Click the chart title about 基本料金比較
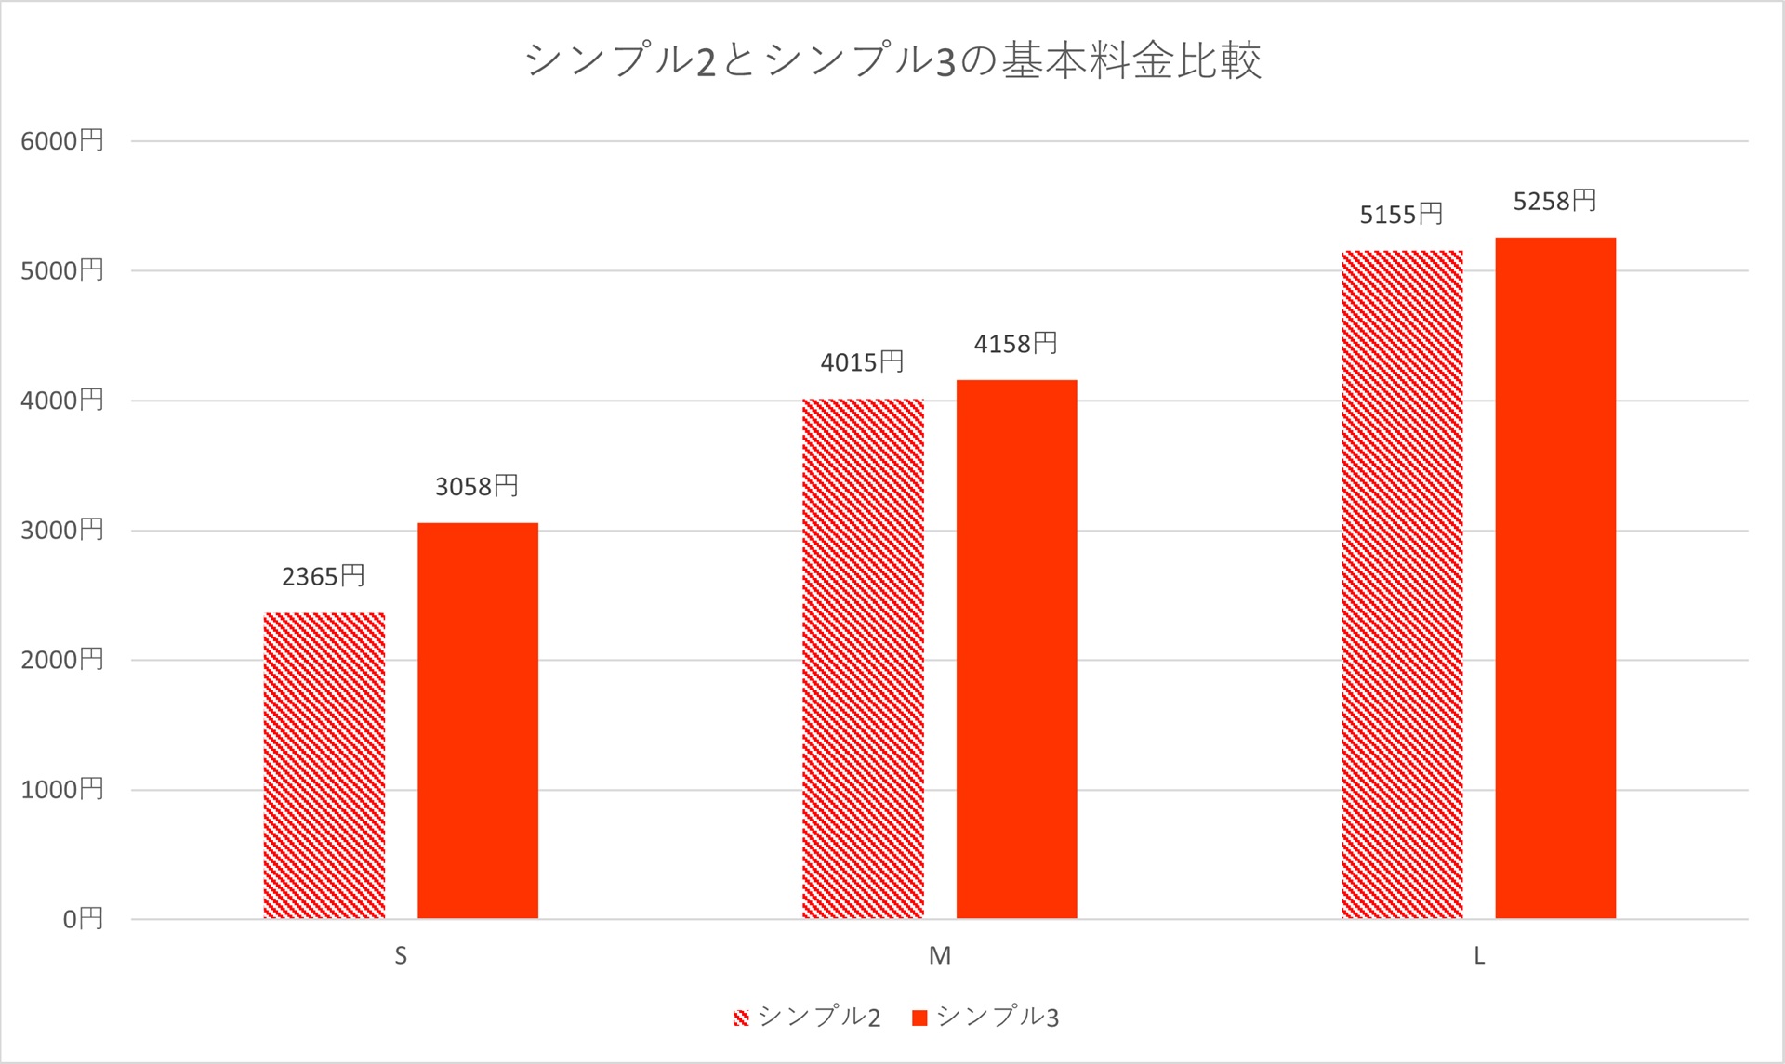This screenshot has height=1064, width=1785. pos(892,61)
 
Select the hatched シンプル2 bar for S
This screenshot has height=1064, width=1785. pos(324,766)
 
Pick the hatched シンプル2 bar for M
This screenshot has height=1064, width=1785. pos(863,659)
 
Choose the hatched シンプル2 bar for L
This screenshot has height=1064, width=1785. pos(1402,585)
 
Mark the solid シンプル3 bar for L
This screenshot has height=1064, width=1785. pos(1555,578)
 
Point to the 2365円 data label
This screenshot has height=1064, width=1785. pos(324,577)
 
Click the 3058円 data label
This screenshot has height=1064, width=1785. pos(477,487)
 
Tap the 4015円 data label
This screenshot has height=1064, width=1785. pos(863,362)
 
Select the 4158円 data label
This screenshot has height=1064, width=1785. pos(1016,345)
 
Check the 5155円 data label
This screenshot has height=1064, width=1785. pos(1402,216)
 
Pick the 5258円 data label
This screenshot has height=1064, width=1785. pos(1555,202)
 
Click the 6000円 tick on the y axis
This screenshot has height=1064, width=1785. pos(62,141)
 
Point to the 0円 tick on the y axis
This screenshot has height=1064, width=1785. pos(83,919)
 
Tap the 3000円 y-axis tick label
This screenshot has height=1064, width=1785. pos(62,531)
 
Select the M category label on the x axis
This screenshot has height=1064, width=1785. pos(940,956)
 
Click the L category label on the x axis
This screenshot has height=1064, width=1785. pos(1479,956)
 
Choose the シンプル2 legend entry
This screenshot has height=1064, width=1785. pos(807,1018)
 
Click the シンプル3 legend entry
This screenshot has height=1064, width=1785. pos(986,1018)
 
